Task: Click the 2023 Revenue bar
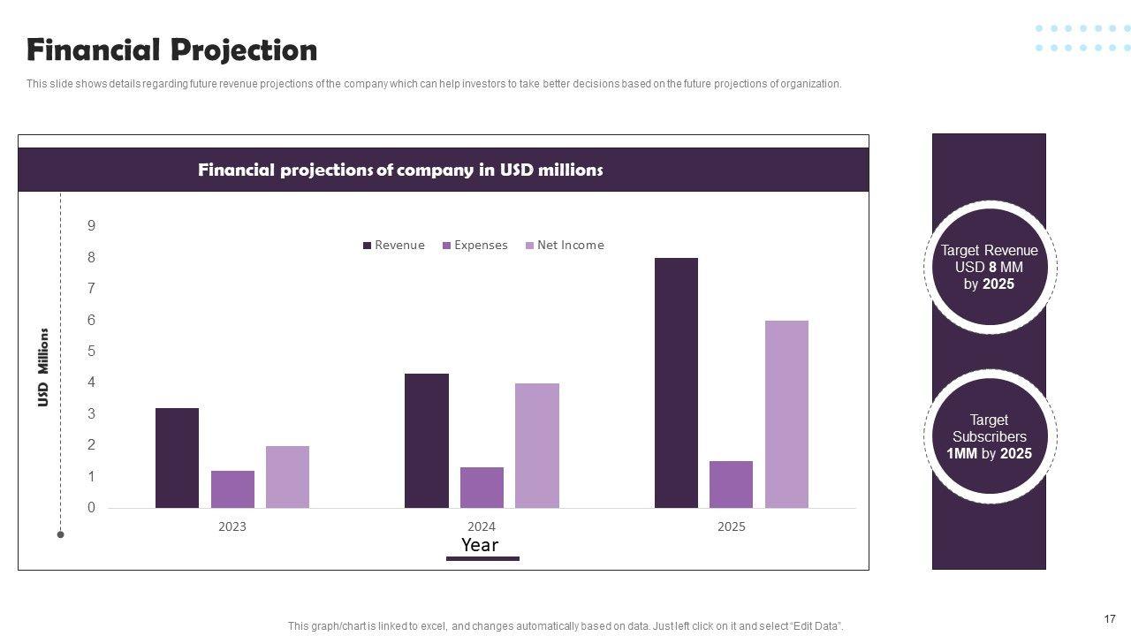[x=177, y=458]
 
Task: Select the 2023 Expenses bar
[x=232, y=489]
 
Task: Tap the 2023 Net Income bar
[x=287, y=477]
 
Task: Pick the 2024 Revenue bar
[x=427, y=441]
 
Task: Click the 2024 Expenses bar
[x=482, y=488]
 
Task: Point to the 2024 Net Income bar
[x=537, y=445]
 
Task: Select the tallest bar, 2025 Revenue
[x=676, y=382]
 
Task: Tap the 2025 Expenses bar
[x=731, y=484]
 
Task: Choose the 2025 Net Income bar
[x=786, y=414]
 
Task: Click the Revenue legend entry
[x=394, y=246]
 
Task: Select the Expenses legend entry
[x=475, y=246]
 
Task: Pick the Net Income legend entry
[x=565, y=246]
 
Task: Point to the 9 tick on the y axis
[x=91, y=226]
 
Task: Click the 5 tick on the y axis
[x=91, y=352]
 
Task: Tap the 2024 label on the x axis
[x=482, y=527]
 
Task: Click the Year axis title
[x=480, y=545]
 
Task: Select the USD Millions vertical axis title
[x=43, y=367]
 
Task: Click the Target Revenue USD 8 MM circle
[x=989, y=267]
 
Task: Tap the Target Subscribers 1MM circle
[x=989, y=436]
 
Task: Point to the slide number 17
[x=1110, y=619]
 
